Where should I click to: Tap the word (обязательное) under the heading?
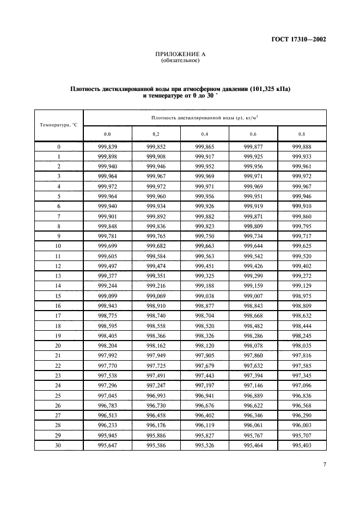180,60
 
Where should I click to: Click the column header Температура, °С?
59,125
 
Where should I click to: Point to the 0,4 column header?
205,133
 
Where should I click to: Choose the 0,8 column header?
302,133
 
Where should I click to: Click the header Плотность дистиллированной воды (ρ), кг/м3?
205,117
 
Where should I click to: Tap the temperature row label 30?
59,445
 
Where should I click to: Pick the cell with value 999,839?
107,147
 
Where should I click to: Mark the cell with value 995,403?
302,445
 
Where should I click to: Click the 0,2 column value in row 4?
156,186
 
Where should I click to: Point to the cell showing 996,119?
205,426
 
